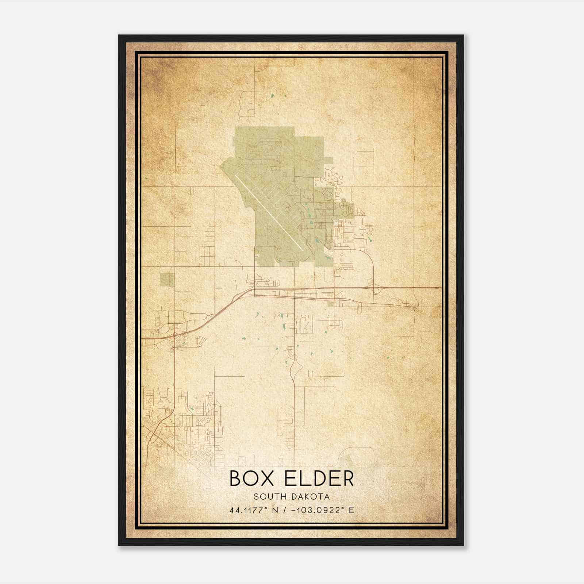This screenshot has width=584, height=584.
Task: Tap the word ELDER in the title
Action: pyautogui.click(x=319, y=479)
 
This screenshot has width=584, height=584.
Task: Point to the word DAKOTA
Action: pyautogui.click(x=311, y=497)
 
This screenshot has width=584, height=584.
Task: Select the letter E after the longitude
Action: pyautogui.click(x=351, y=510)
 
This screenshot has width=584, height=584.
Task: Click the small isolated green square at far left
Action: pyautogui.click(x=167, y=280)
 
